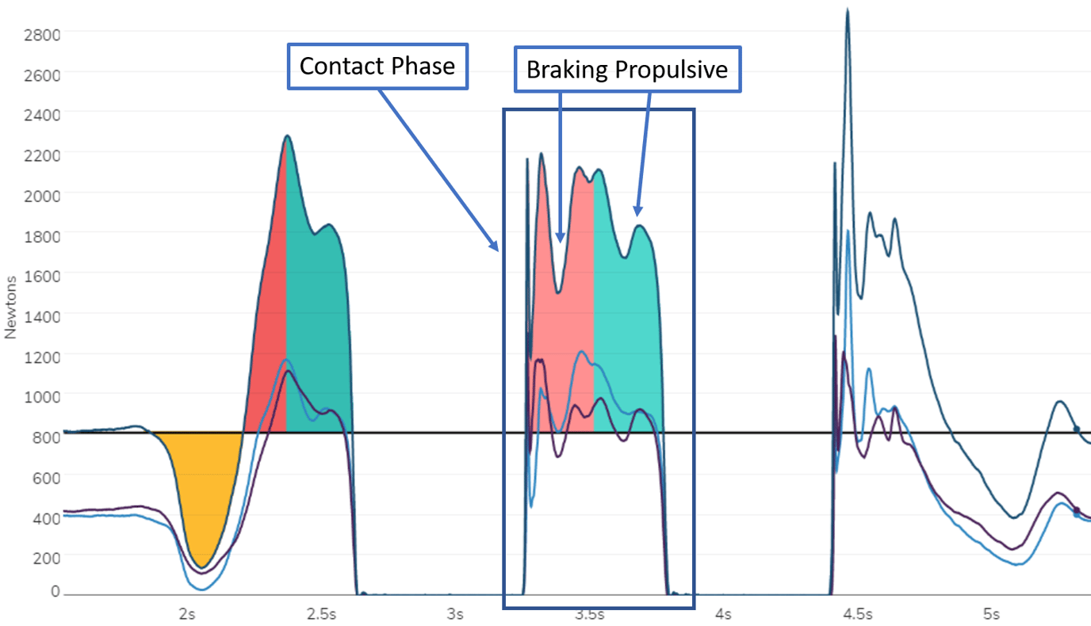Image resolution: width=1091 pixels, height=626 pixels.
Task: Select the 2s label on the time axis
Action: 187,614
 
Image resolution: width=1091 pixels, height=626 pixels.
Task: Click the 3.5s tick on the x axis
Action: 588,614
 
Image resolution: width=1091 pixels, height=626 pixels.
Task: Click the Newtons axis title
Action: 11,307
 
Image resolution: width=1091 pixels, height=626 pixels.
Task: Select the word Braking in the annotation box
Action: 567,70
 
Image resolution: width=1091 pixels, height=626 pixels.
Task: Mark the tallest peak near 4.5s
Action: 848,11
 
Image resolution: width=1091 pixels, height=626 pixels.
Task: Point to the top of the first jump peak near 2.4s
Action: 287,136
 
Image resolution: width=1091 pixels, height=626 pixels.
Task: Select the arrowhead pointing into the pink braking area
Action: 561,239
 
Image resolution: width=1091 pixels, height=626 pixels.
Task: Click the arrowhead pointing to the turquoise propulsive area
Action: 637,212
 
